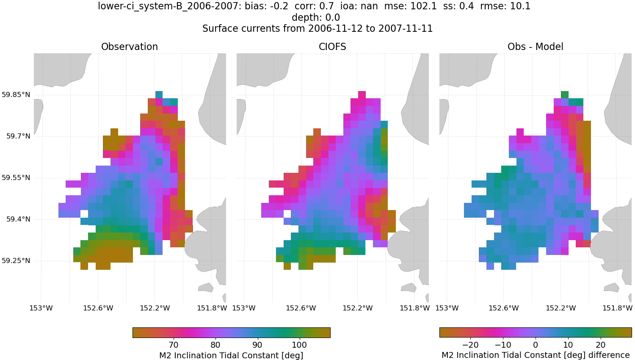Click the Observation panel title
pos(130,47)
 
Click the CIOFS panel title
pos(332,47)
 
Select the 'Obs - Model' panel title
pos(535,47)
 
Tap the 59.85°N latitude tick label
pos(16,95)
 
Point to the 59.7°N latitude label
pos(18,136)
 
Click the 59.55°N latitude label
pos(16,178)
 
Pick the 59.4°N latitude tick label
pos(18,219)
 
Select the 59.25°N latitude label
pos(16,261)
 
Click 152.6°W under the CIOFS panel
pos(301,308)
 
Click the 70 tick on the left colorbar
pos(173,345)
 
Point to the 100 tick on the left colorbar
pos(299,345)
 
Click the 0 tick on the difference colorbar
pos(536,345)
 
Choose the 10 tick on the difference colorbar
pos(568,345)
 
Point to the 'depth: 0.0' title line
pos(316,18)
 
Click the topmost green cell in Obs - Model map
pos(564,94)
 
